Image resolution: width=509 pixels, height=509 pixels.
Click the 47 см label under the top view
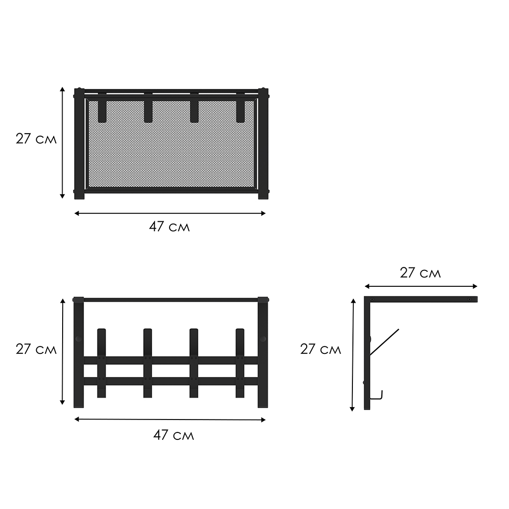click(169, 227)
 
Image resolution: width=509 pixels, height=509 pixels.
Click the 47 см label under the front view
click(173, 435)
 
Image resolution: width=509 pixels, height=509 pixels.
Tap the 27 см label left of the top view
click(36, 139)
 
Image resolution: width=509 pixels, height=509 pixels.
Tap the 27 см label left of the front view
click(36, 349)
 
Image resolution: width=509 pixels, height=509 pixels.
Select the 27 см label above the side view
click(421, 273)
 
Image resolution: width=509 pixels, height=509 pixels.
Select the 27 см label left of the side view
click(321, 349)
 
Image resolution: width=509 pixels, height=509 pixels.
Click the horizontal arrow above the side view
click(421, 286)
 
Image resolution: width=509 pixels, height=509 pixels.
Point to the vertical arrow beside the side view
click(353, 355)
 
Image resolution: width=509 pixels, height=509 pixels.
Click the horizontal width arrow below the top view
click(170, 213)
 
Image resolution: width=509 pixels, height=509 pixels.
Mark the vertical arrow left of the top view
click(62, 143)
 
